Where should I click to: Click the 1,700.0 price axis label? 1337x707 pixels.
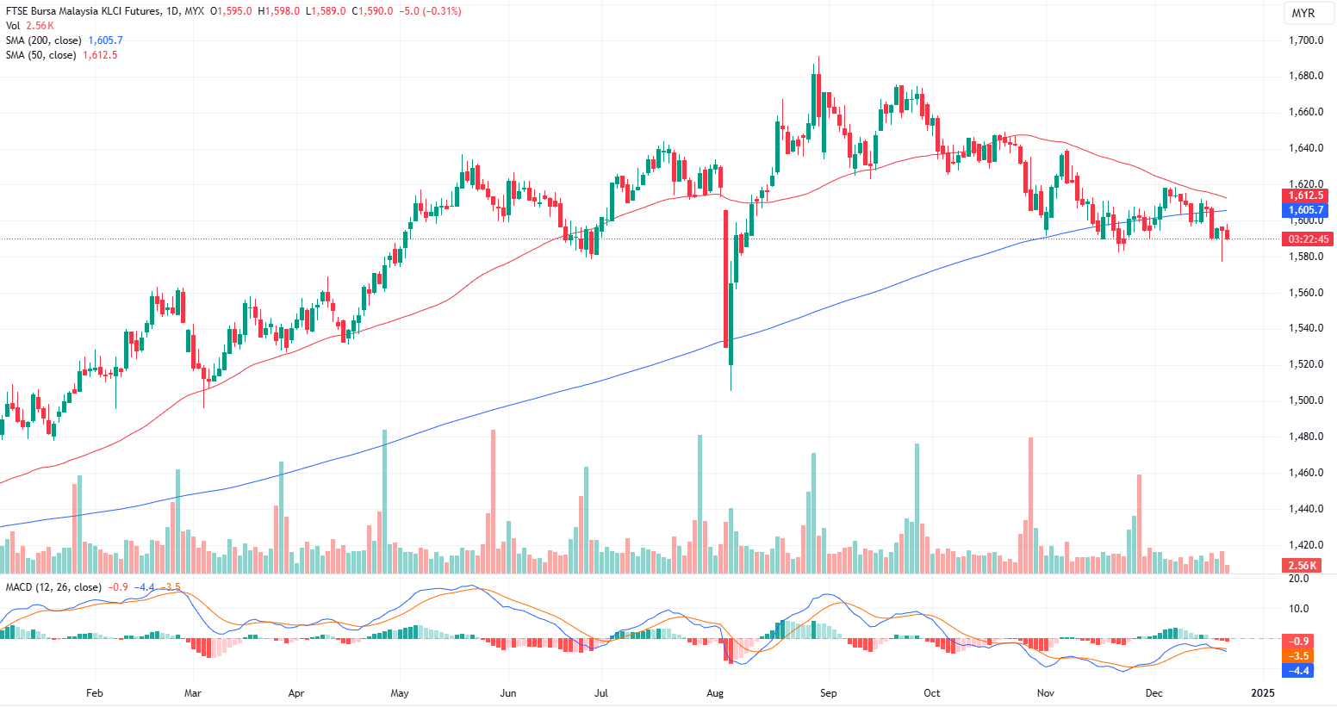click(1305, 40)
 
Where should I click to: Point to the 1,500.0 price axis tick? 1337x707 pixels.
click(1305, 400)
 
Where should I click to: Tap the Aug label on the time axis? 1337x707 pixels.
click(714, 692)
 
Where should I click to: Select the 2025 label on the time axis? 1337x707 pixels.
click(1263, 692)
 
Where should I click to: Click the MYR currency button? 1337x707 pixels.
click(1303, 13)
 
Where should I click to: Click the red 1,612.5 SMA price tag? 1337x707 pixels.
click(1306, 195)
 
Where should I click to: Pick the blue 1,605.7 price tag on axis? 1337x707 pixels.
click(1306, 210)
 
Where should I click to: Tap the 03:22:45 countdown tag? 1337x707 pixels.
click(1307, 239)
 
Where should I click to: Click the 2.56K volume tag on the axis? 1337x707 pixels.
click(1302, 566)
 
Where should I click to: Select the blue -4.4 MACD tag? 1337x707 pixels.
click(1300, 670)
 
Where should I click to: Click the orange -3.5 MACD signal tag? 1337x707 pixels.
click(1300, 656)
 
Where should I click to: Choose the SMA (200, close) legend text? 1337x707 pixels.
click(44, 40)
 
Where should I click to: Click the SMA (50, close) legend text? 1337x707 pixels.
click(40, 55)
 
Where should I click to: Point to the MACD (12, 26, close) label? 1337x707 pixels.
click(53, 587)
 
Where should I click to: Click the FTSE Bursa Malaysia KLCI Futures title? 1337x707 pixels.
click(83, 11)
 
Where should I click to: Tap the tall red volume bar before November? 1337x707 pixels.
click(1030, 505)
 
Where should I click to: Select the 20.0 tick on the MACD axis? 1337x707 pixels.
click(1298, 579)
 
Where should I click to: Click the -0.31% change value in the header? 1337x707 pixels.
click(442, 11)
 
